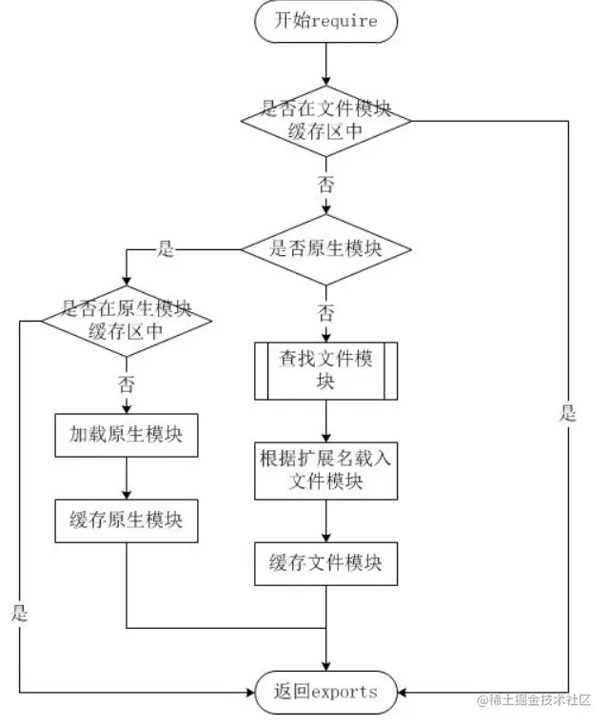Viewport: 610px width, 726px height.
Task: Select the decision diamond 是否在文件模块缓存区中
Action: coord(325,121)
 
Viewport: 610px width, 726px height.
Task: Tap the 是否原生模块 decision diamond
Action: coord(325,249)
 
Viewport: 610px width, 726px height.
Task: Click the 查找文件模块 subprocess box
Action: coord(325,370)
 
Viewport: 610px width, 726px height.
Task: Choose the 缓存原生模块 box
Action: coord(127,520)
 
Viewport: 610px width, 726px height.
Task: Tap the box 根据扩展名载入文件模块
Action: coord(325,468)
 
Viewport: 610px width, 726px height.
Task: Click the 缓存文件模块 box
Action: coord(325,562)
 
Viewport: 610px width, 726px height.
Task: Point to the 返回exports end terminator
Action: coord(325,692)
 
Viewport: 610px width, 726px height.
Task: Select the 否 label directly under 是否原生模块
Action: coord(325,313)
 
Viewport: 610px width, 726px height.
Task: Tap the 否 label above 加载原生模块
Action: coord(127,384)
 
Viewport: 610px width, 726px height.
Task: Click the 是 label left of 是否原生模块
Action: coord(166,249)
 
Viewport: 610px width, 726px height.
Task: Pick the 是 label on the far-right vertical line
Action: coord(568,413)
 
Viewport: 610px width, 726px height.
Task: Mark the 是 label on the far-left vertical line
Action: coord(20,613)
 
